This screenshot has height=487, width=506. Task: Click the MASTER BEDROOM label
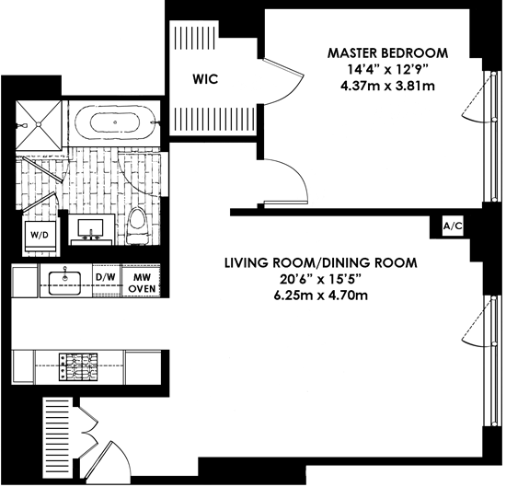[x=387, y=53]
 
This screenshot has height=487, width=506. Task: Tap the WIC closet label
[x=205, y=79]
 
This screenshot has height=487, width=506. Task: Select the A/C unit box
[x=453, y=226]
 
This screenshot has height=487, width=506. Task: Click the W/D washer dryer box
[x=40, y=236]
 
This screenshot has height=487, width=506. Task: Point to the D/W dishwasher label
[x=106, y=277]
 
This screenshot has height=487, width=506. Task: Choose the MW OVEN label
[x=142, y=283]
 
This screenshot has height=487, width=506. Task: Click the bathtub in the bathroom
[x=115, y=122]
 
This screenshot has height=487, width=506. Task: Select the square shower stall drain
[x=39, y=123]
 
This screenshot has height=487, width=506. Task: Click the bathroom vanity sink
[x=92, y=228]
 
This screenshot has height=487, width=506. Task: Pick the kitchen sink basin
[x=65, y=283]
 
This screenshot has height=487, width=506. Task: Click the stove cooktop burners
[x=78, y=366]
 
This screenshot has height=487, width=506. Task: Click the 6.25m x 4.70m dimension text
[x=321, y=296]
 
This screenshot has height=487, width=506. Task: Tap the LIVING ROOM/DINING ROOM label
[x=321, y=263]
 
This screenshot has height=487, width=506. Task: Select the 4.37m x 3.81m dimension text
[x=387, y=87]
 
